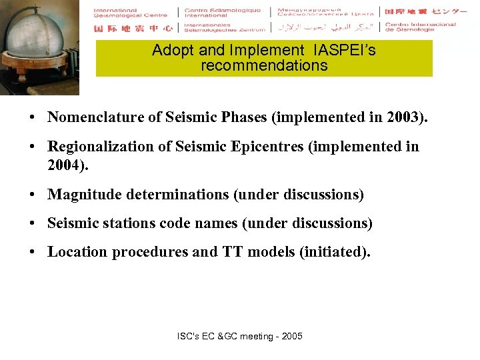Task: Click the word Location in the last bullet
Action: pos(75,252)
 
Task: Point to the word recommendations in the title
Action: pos(264,65)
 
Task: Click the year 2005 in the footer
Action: pos(291,336)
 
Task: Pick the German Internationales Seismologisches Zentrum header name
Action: pos(224,28)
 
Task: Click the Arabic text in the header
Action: pos(325,28)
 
